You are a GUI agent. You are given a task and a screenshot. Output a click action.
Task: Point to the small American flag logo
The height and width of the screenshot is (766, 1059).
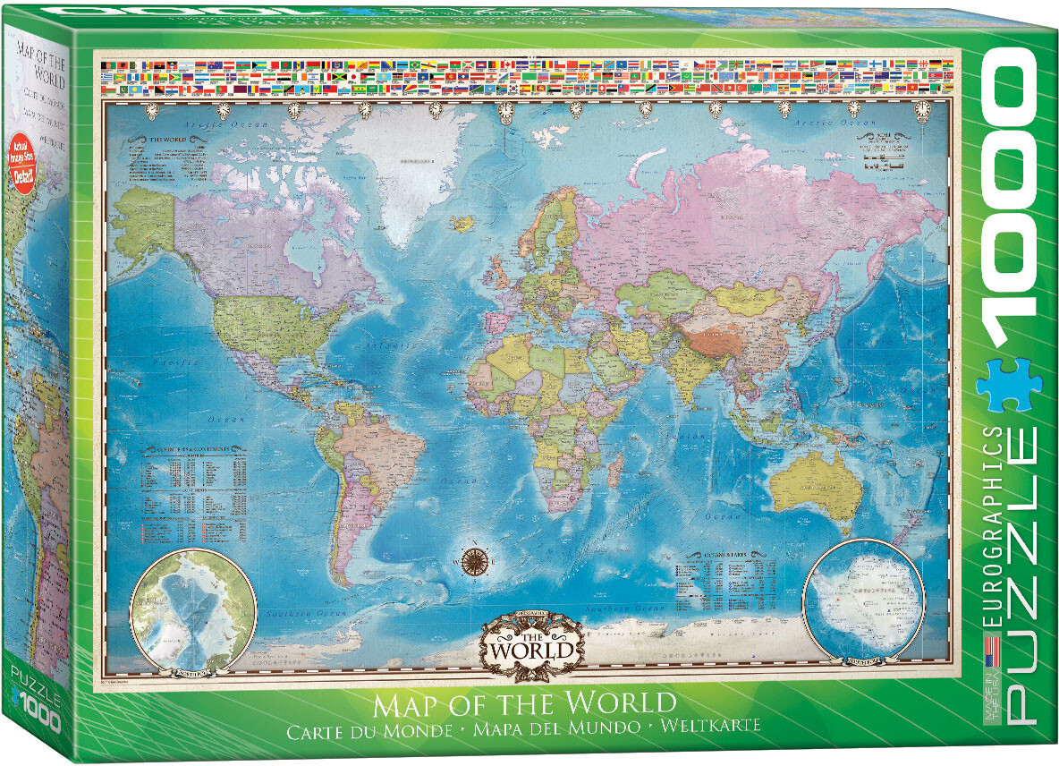[x=991, y=647]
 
